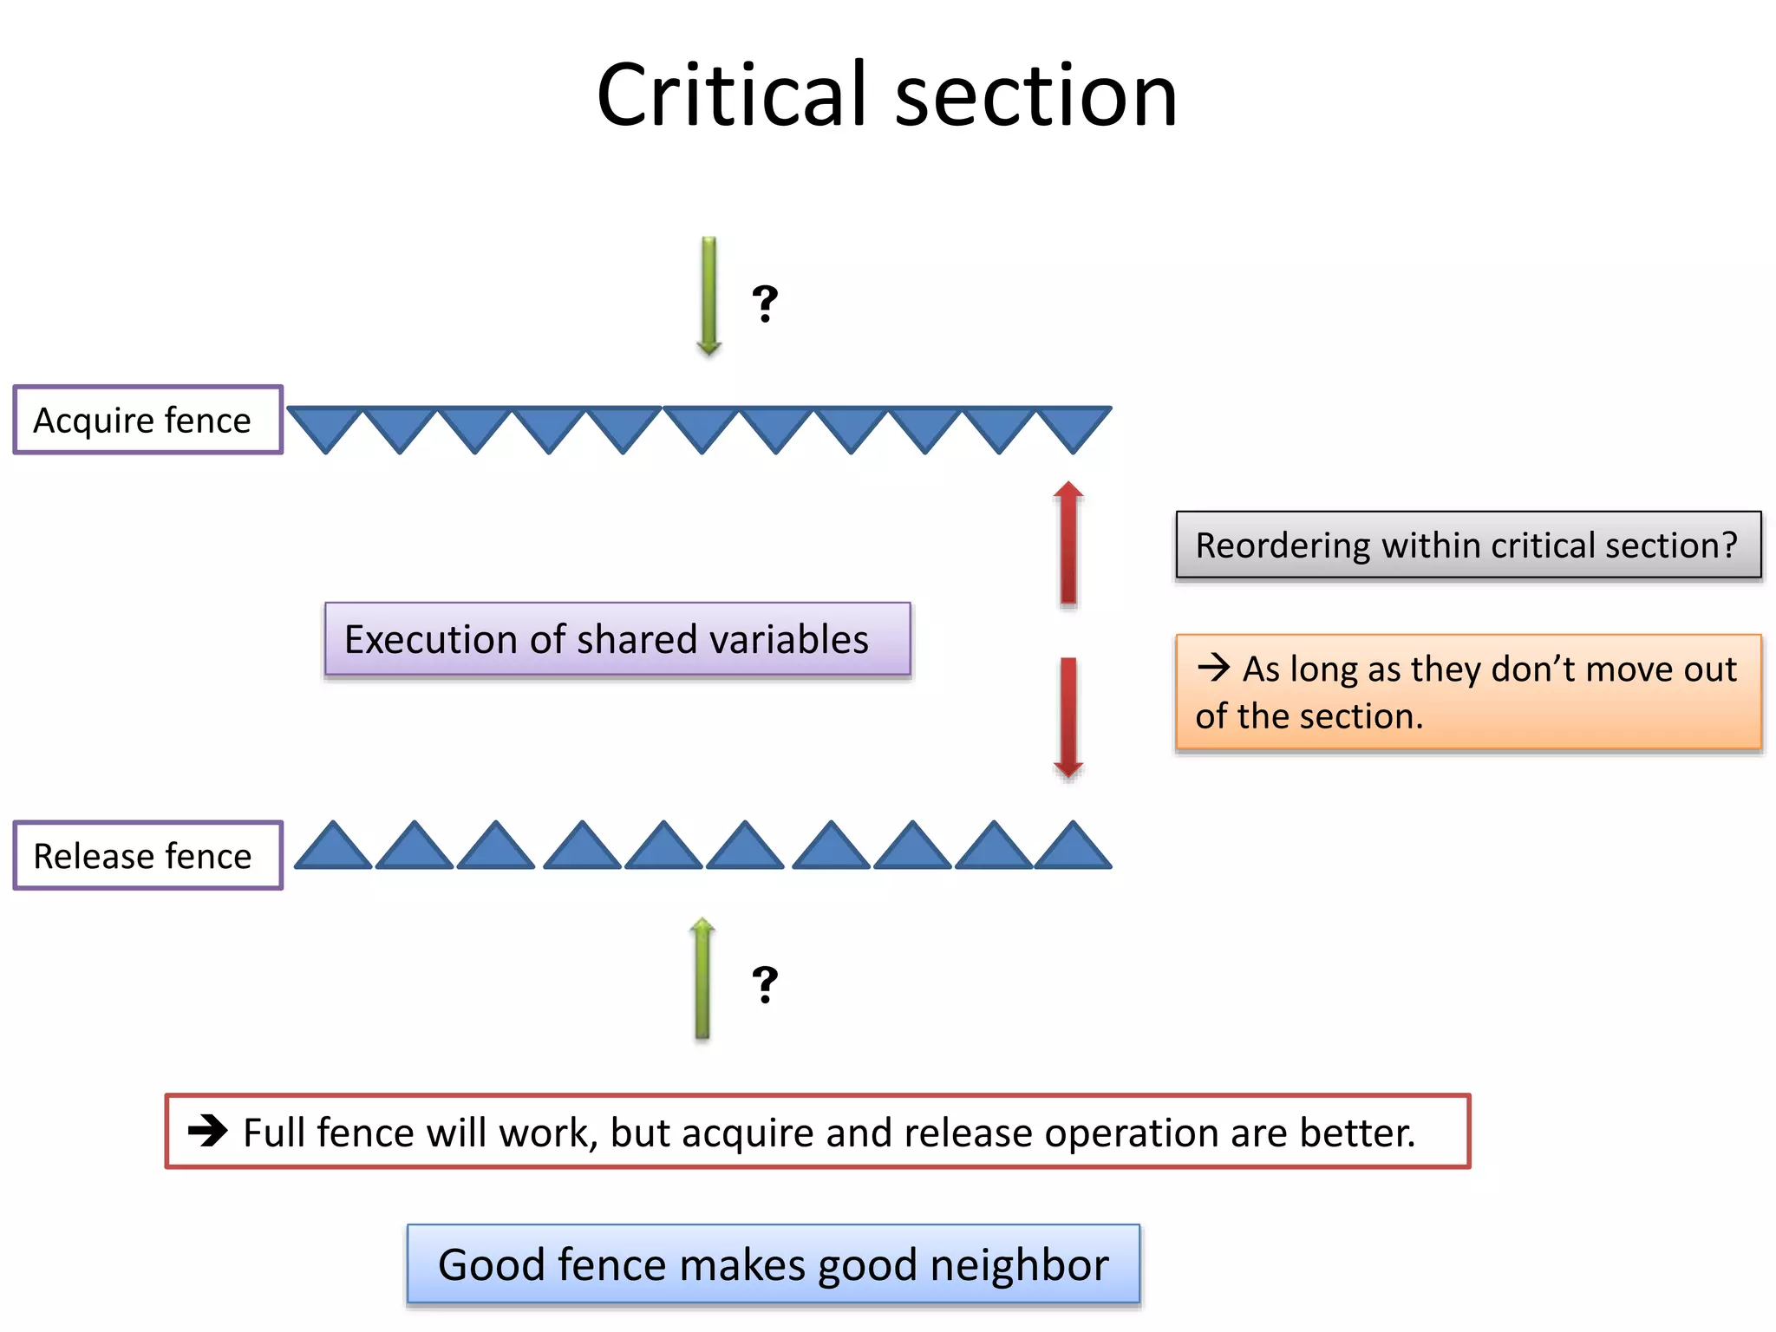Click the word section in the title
point(1035,97)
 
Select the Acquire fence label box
point(147,421)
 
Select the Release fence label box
point(147,856)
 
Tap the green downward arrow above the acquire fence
point(708,295)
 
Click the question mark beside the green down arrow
point(765,304)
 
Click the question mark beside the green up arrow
point(765,984)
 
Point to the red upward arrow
point(1068,543)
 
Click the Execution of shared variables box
point(617,639)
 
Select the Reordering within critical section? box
point(1468,545)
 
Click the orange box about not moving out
point(1468,692)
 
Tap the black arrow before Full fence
point(207,1130)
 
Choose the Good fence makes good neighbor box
point(773,1264)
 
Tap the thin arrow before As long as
point(1213,667)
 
